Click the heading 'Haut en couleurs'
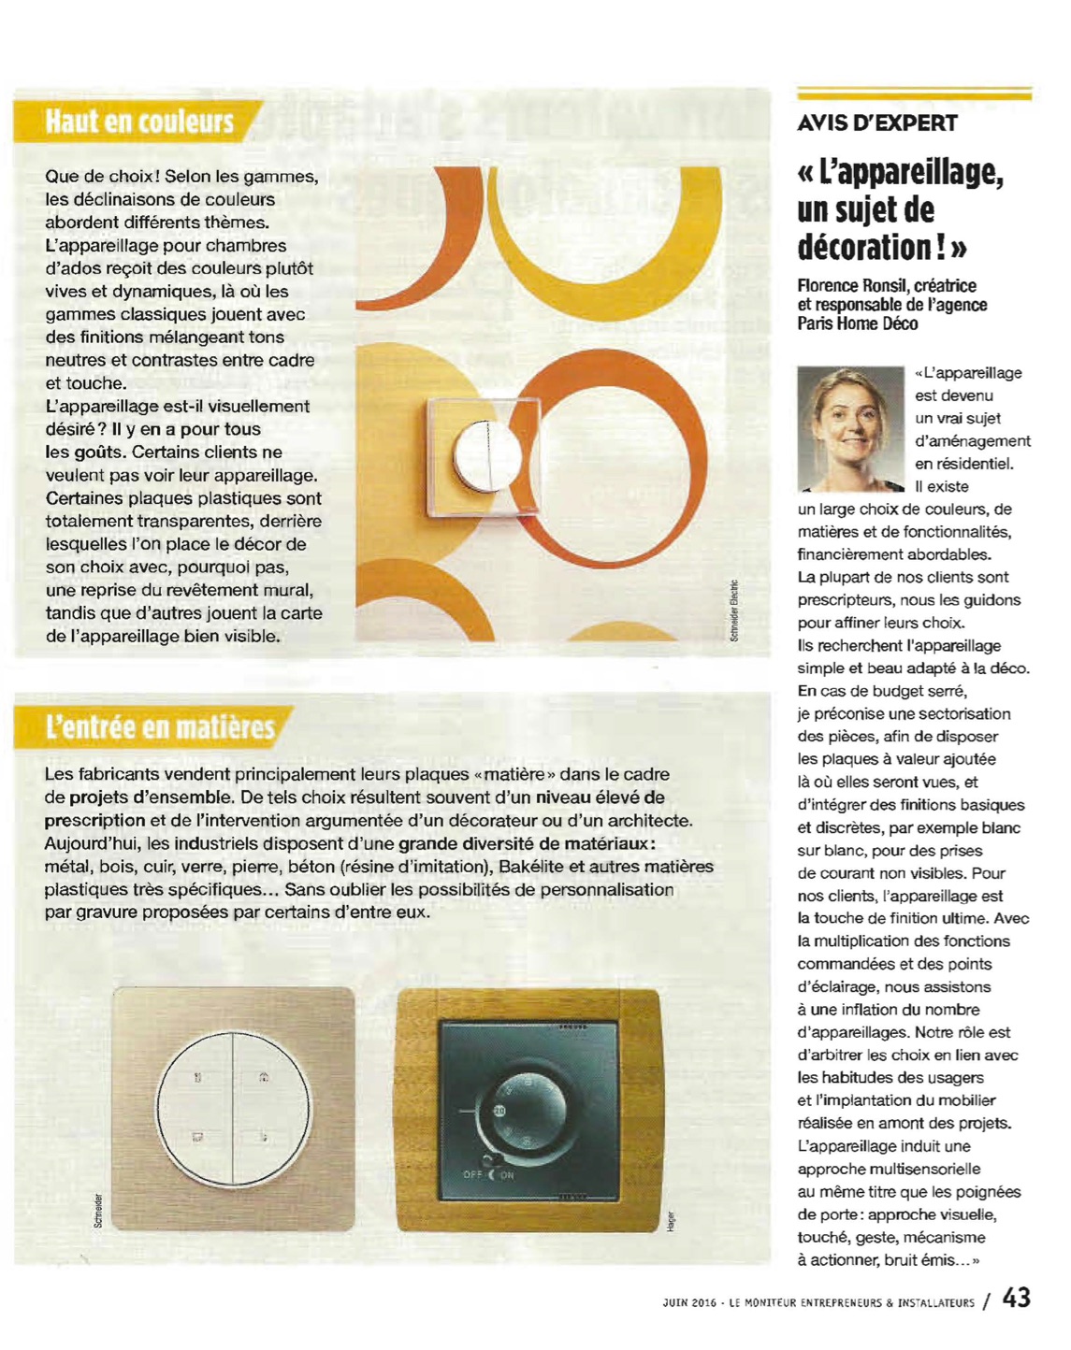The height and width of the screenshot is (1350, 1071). click(x=139, y=122)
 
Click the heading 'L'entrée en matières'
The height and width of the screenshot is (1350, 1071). click(x=160, y=727)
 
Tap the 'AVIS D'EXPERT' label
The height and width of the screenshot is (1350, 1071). click(x=876, y=123)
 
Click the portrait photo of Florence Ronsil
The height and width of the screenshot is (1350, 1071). click(x=850, y=429)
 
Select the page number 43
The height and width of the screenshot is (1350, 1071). click(x=1016, y=1299)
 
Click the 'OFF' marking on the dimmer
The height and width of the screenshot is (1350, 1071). click(x=473, y=1174)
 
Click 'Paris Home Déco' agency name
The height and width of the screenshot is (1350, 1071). click(x=857, y=324)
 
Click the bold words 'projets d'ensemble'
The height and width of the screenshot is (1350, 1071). click(x=151, y=797)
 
